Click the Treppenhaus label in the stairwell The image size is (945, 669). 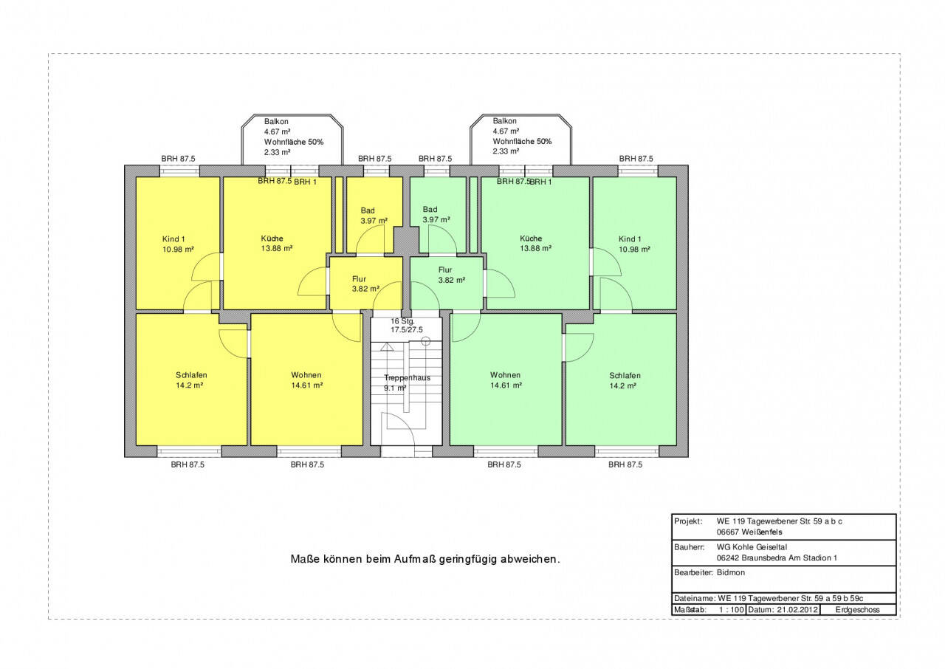pyautogui.click(x=407, y=377)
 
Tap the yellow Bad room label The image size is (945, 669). pyautogui.click(x=368, y=210)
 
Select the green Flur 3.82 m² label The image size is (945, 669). pyautogui.click(x=451, y=275)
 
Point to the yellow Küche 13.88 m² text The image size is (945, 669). pyautogui.click(x=277, y=244)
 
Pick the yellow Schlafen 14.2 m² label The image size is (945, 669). pyautogui.click(x=191, y=380)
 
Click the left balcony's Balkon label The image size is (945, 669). pyautogui.click(x=276, y=122)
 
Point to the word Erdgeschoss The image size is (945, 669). pyautogui.click(x=857, y=609)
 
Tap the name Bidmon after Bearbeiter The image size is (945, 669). pyautogui.click(x=731, y=572)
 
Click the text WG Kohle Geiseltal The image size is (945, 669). pyautogui.click(x=752, y=547)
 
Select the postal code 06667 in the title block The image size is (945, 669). pyautogui.click(x=728, y=532)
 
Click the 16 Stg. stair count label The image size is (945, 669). pyautogui.click(x=402, y=321)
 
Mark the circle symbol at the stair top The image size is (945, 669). pyautogui.click(x=426, y=341)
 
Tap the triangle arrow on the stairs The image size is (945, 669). pyautogui.click(x=387, y=347)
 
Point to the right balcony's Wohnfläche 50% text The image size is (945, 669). pyautogui.click(x=522, y=141)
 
